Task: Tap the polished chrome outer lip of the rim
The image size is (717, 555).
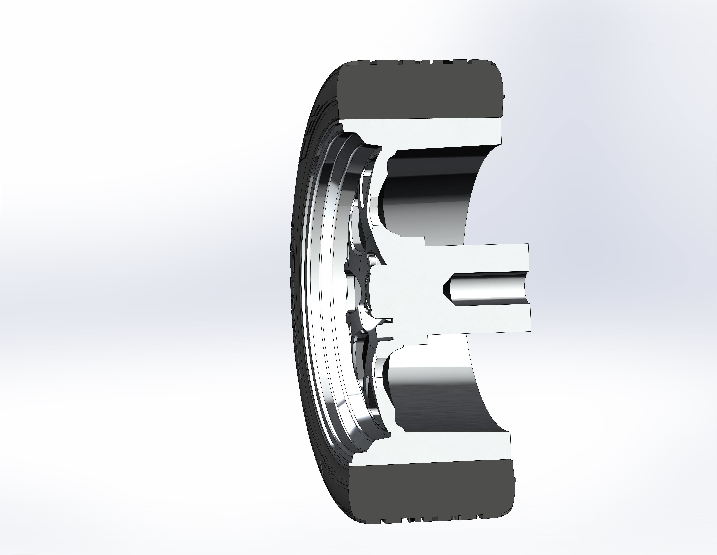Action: point(315,296)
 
